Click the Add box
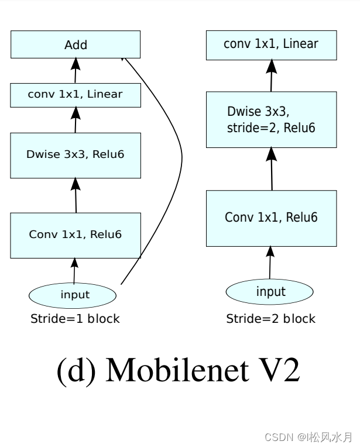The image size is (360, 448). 76,45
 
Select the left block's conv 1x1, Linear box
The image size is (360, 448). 76,95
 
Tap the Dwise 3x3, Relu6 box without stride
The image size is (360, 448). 76,155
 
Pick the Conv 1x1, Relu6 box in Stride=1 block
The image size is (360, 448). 76,235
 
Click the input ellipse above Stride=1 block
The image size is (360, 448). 75,295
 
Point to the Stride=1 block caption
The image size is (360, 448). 75,319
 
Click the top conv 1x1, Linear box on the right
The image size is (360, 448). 271,44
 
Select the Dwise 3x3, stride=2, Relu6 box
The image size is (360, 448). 271,119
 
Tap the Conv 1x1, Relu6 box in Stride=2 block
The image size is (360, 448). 271,218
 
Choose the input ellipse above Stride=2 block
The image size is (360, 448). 270,291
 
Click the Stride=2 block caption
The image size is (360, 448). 270,319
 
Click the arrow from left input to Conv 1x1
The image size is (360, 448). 74,271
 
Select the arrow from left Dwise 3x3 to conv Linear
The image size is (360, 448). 75,120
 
